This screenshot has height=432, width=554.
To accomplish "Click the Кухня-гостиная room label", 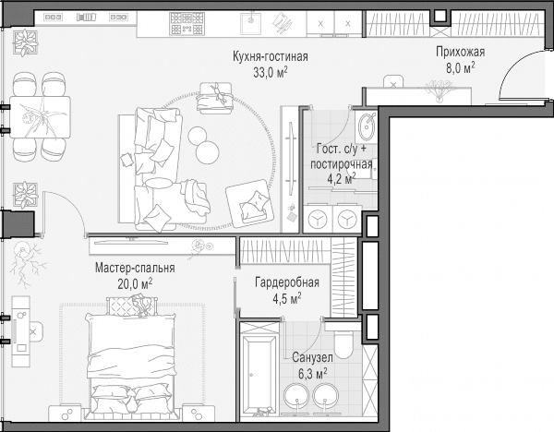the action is click(x=271, y=56).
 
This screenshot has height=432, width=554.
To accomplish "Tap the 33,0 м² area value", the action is click(x=271, y=72).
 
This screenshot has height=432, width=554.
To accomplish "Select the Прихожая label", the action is click(x=460, y=52).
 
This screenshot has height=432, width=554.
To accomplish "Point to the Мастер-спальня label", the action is click(x=135, y=268).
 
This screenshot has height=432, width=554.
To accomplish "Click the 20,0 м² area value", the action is click(x=135, y=283).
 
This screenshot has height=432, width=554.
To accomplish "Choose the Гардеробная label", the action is click(x=287, y=282).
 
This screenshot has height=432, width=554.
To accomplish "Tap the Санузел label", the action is click(x=312, y=357).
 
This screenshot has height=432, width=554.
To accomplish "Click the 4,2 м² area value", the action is click(x=342, y=179).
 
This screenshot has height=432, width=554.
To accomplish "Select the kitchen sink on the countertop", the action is click(x=251, y=24).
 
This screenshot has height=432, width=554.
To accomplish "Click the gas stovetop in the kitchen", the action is click(x=187, y=24).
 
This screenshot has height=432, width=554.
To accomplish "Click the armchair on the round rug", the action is click(x=250, y=203).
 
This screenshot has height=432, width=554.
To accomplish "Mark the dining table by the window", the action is click(x=40, y=117).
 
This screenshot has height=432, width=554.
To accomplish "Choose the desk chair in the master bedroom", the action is click(x=35, y=331).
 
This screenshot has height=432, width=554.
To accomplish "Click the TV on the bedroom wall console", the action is click(x=131, y=241).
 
